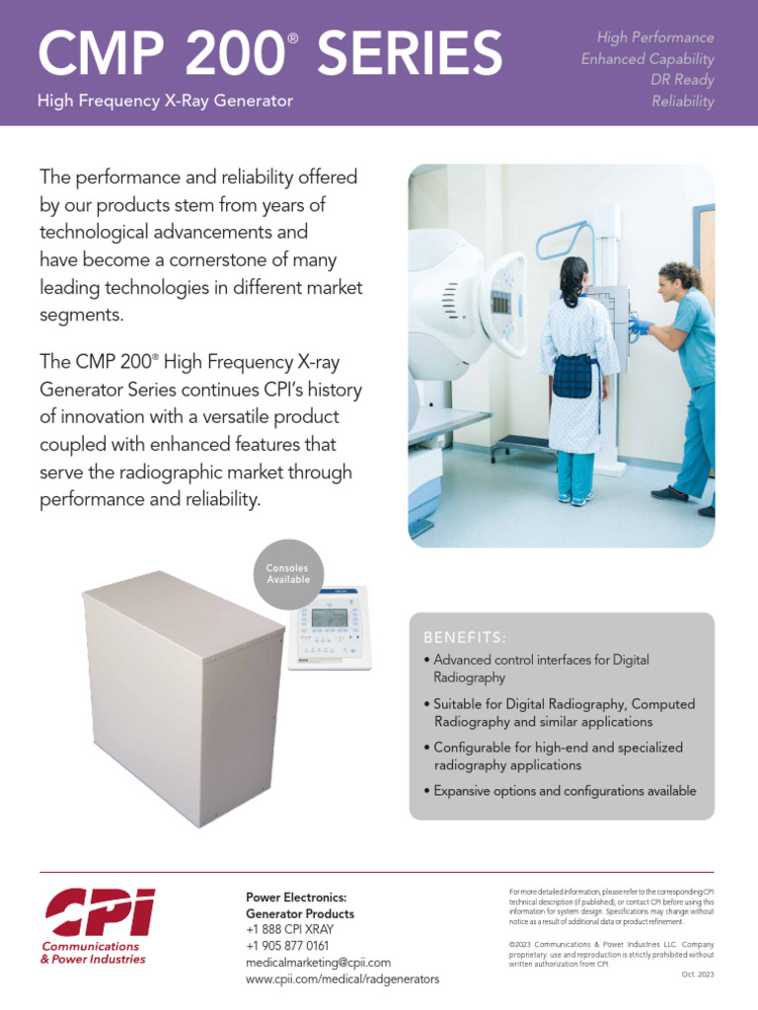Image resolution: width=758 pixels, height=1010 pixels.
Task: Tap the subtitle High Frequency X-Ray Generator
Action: point(165,101)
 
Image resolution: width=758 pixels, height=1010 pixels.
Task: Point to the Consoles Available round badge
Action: point(288,574)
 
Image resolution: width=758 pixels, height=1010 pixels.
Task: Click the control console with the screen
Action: point(330,627)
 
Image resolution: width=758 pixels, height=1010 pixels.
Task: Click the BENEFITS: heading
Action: point(465,637)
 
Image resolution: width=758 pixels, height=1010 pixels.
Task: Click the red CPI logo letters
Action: point(99,912)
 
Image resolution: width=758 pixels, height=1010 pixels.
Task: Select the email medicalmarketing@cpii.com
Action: point(318,962)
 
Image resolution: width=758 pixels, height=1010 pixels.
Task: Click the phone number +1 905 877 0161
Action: point(287,946)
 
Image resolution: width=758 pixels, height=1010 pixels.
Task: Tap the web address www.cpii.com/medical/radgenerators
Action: point(342,978)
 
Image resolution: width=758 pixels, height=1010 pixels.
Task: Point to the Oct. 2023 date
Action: point(697,974)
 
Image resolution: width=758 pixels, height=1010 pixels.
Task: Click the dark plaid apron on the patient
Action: point(571,375)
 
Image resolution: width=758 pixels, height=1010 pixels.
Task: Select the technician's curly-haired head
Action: point(679,279)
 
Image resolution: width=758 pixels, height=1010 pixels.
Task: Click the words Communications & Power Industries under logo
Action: point(93,953)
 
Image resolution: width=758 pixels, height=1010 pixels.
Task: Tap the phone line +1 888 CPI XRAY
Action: point(289,929)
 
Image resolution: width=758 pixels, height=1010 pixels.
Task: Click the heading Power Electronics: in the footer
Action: point(296,898)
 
